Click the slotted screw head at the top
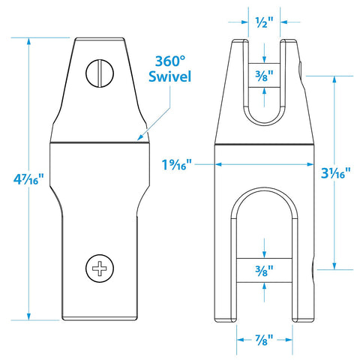point(100,73)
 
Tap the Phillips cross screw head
point(100,268)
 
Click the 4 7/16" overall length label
point(28,179)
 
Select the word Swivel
point(169,76)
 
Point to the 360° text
point(170,61)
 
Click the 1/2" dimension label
point(265,22)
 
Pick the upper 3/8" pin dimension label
point(265,76)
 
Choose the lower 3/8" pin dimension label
point(265,271)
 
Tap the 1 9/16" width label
point(177,165)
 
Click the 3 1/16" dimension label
point(336,172)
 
